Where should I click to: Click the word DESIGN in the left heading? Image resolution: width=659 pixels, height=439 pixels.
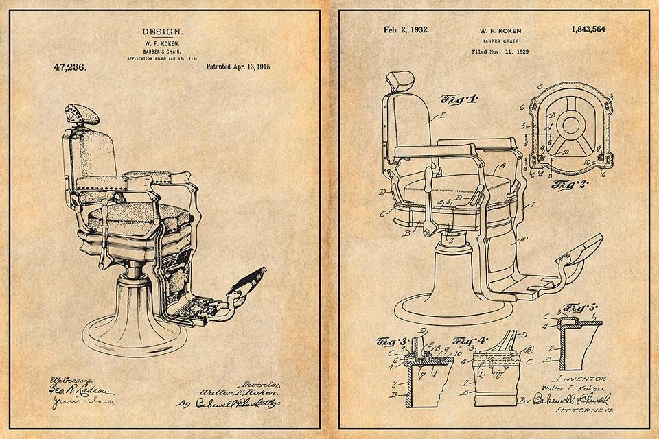point(162,32)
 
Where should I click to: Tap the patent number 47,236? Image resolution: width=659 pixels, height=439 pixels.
point(69,67)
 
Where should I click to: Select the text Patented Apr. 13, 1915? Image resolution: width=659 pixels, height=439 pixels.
point(238,67)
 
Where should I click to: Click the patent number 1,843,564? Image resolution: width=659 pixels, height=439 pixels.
point(588,29)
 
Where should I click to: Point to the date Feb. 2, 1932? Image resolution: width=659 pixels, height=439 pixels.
point(406,29)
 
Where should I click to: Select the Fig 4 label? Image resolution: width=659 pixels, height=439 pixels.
point(470,340)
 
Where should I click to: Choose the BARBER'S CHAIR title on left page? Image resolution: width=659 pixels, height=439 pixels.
point(162,51)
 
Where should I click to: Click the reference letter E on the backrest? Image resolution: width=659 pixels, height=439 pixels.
point(442,116)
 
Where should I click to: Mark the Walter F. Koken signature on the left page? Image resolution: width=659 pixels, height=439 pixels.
point(230,392)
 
